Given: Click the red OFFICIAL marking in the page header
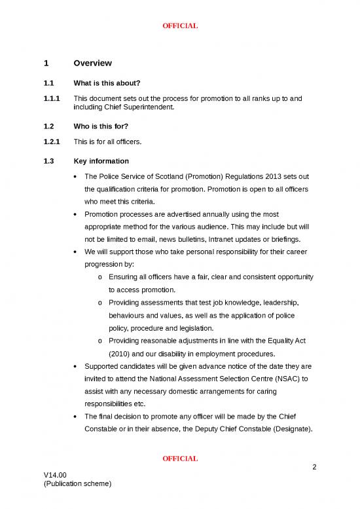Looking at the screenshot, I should click(x=180, y=26).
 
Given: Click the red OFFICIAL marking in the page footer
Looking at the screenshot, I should click(x=180, y=458).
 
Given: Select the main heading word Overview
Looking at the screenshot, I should click(x=93, y=64).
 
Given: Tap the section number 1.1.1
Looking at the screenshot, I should click(x=52, y=99).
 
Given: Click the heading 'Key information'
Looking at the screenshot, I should click(x=101, y=161).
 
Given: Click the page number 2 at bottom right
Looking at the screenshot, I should click(x=315, y=467).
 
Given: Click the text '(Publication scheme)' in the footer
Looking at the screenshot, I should click(x=78, y=484).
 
